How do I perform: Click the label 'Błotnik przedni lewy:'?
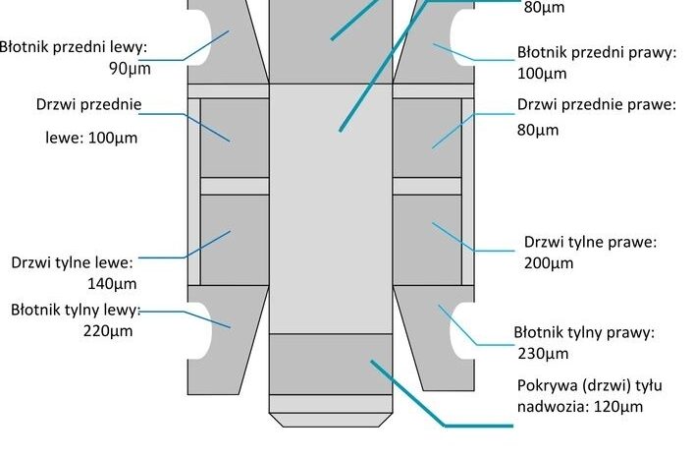point(74,46)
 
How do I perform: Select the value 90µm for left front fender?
point(131,69)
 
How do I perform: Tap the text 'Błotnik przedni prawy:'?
point(596,53)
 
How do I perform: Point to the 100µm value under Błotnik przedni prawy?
point(541,75)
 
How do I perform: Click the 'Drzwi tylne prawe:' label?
point(589,242)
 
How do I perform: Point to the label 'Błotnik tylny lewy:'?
point(77,310)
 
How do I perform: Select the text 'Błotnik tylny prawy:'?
point(583,332)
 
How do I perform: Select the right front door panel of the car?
point(428,138)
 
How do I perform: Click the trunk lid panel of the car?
point(331,364)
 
